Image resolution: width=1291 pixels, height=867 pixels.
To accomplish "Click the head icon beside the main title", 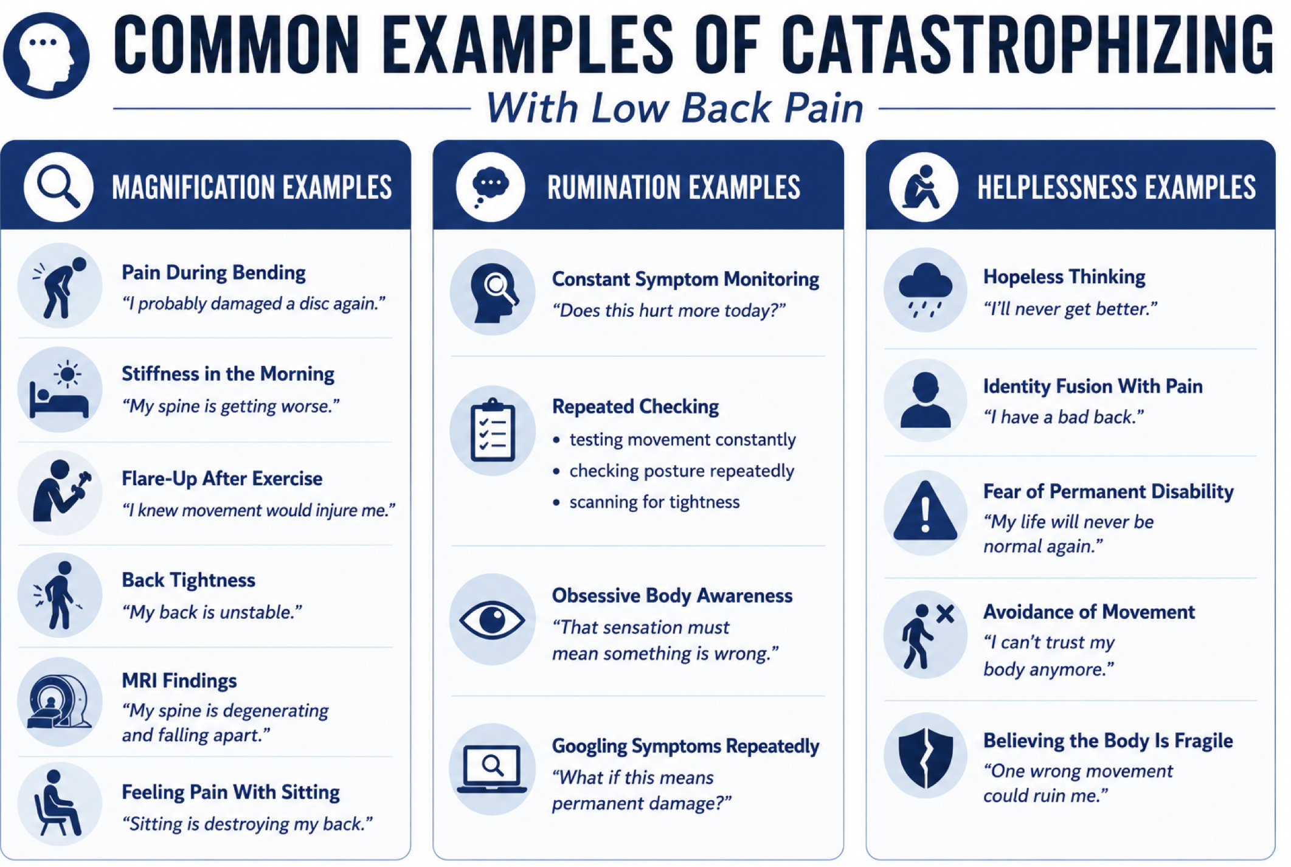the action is point(46,55).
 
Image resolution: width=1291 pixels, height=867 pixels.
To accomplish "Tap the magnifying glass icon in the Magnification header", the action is point(58,187).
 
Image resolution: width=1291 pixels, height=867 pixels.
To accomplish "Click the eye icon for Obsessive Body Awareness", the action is point(492,620).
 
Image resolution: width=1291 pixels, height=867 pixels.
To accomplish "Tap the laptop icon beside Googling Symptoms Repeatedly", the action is point(492,769).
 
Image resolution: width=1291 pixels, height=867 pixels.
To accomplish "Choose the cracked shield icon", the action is point(925,756).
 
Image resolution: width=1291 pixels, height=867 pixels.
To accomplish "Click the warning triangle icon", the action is point(925,512).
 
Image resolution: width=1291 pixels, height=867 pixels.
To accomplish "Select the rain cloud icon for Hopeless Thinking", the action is point(925,289).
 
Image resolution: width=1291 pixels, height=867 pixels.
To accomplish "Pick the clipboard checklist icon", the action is point(492,430).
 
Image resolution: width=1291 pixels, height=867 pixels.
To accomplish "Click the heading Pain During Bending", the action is point(213,273).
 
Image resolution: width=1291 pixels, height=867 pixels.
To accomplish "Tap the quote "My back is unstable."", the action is point(212,612).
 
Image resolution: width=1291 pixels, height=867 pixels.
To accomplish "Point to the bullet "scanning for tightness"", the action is point(654,502).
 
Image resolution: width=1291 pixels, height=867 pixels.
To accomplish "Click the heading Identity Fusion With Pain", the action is point(1093,387).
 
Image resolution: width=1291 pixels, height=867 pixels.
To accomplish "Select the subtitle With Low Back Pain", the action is point(674,108).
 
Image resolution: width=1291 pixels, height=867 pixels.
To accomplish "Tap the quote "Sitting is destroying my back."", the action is point(247,824).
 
